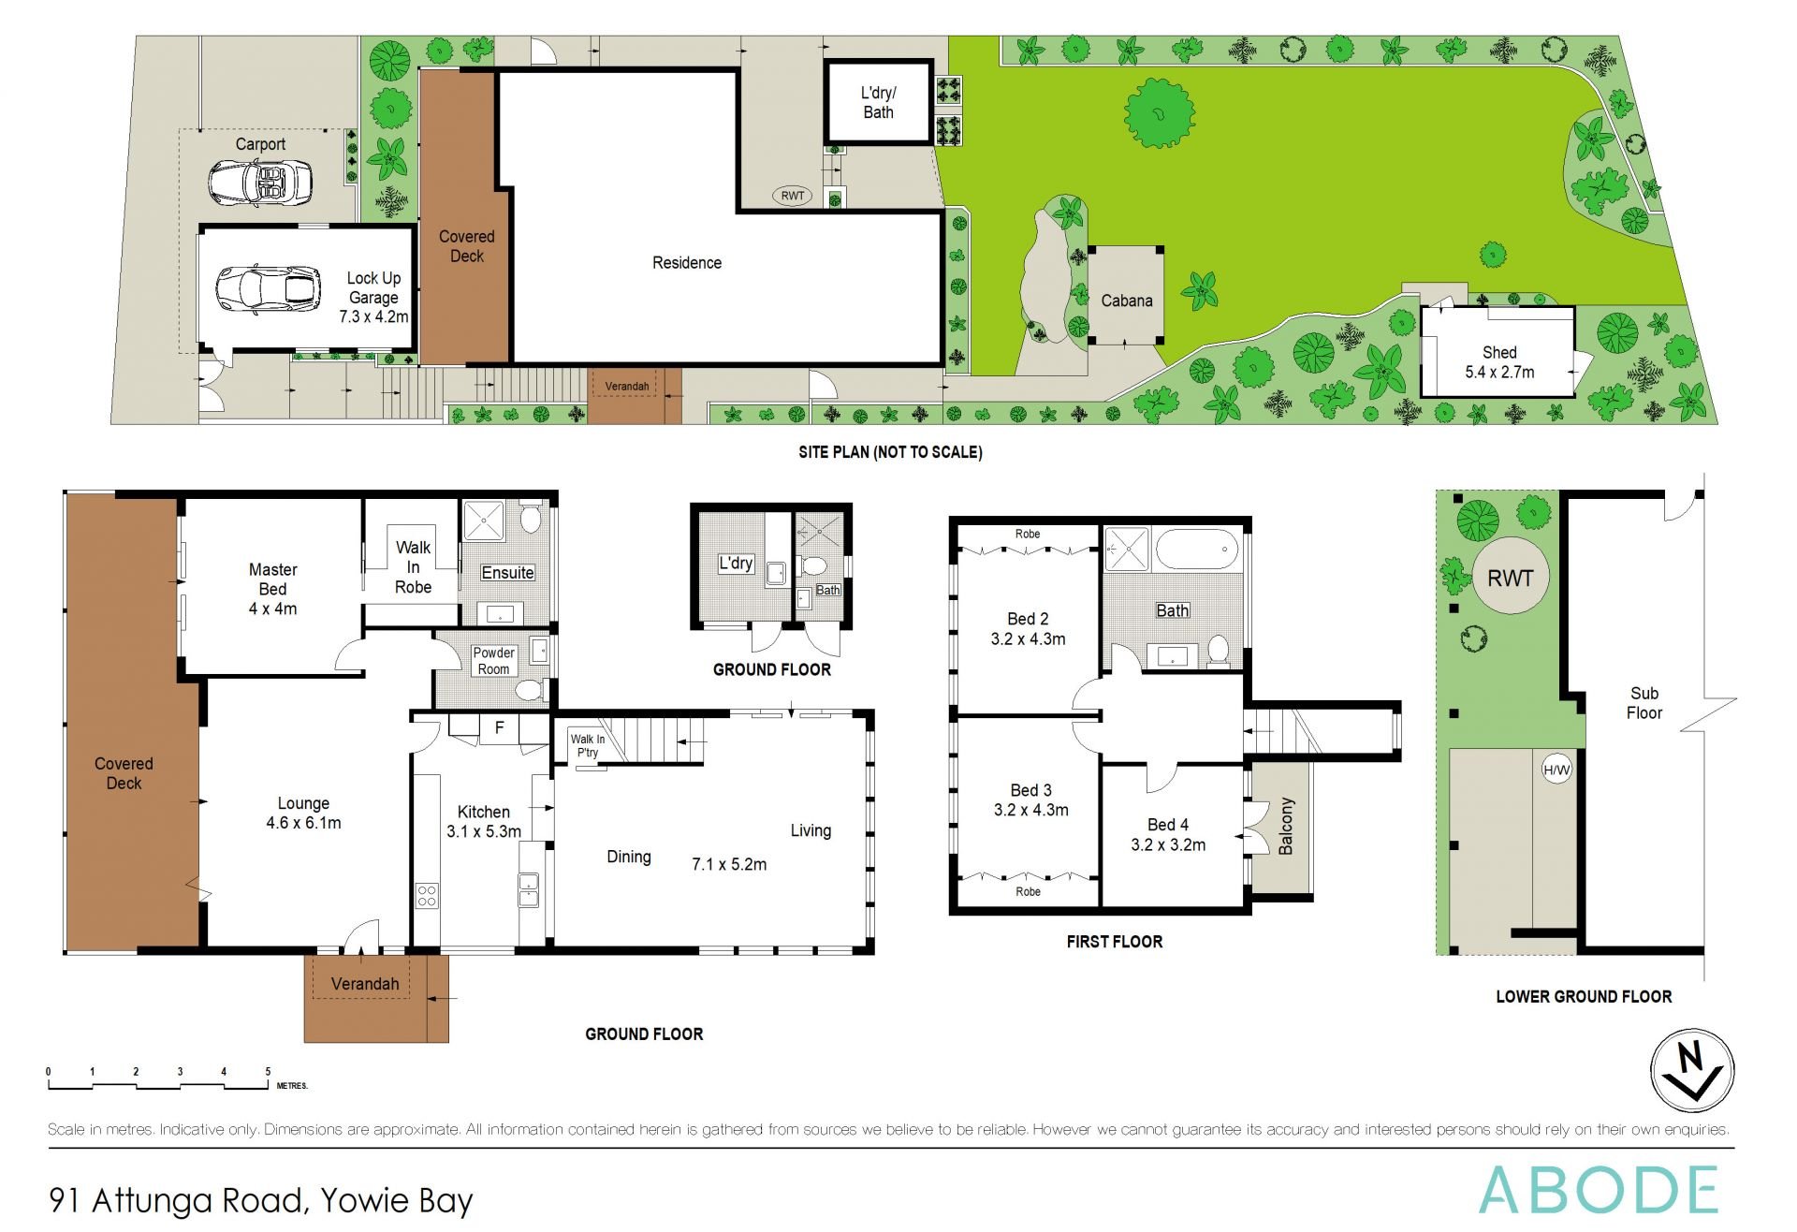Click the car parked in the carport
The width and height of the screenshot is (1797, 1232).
(x=259, y=182)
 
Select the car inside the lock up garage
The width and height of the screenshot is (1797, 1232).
(x=268, y=289)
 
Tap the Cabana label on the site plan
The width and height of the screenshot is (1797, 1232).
(x=1126, y=301)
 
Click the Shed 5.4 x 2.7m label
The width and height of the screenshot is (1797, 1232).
(x=1498, y=362)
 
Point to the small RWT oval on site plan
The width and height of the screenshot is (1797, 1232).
(x=792, y=196)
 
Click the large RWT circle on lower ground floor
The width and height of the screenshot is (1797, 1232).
(x=1510, y=578)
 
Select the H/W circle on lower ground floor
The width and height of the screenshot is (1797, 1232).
(x=1556, y=770)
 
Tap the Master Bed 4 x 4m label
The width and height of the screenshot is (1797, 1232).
(x=272, y=589)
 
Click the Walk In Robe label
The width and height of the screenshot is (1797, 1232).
(x=413, y=566)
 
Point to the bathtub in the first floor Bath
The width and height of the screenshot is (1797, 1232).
(x=1197, y=549)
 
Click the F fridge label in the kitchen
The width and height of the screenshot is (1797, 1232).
(x=500, y=726)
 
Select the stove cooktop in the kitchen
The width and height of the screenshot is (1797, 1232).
(x=427, y=895)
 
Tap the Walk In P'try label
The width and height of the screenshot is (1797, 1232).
(x=588, y=745)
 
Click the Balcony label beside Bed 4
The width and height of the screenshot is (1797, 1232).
(x=1285, y=826)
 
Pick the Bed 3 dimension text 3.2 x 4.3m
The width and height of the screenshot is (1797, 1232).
(x=1030, y=811)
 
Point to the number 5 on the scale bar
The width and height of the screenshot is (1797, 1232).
(x=268, y=1072)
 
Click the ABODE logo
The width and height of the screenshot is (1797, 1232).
(x=1598, y=1190)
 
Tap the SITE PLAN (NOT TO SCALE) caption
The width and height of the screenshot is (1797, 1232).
(x=890, y=452)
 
